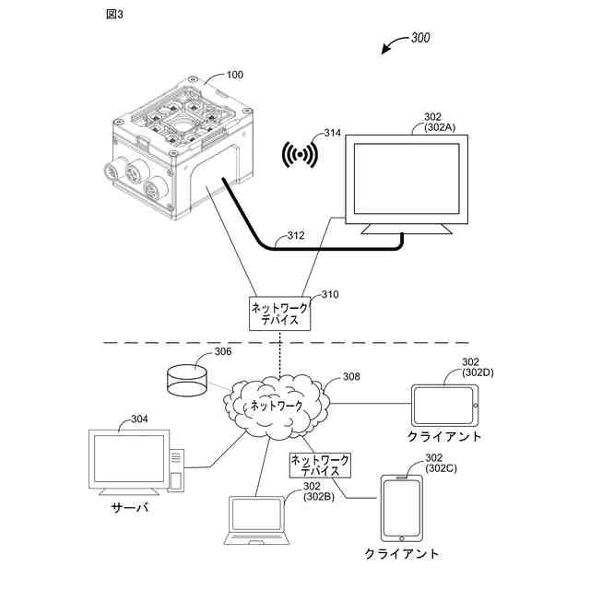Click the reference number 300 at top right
coord(419,39)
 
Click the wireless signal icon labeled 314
coord(301,155)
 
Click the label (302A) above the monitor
coord(440,128)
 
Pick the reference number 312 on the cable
coord(295,235)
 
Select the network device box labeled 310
coord(279,313)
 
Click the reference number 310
coord(329,295)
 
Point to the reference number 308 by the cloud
coord(351,376)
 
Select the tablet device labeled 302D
coord(445,404)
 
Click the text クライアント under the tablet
coord(444,436)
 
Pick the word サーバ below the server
coord(130,508)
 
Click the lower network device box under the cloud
coord(320,464)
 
